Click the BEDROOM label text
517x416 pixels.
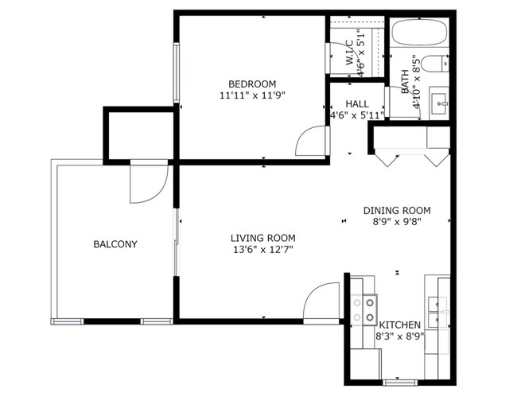tap(252, 84)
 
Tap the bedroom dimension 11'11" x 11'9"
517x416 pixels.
tap(252, 95)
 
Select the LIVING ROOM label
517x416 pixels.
tap(262, 238)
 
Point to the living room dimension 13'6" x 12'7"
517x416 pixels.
tap(262, 250)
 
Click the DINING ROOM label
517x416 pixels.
tap(397, 211)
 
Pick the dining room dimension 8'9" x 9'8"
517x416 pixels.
tap(397, 222)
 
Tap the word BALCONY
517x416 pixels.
tap(115, 244)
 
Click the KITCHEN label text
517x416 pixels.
tap(399, 325)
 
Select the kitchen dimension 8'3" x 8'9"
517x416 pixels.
tap(399, 336)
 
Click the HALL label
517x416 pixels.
tap(357, 104)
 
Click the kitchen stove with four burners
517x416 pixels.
tap(364, 309)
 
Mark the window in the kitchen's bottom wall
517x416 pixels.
tap(400, 383)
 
